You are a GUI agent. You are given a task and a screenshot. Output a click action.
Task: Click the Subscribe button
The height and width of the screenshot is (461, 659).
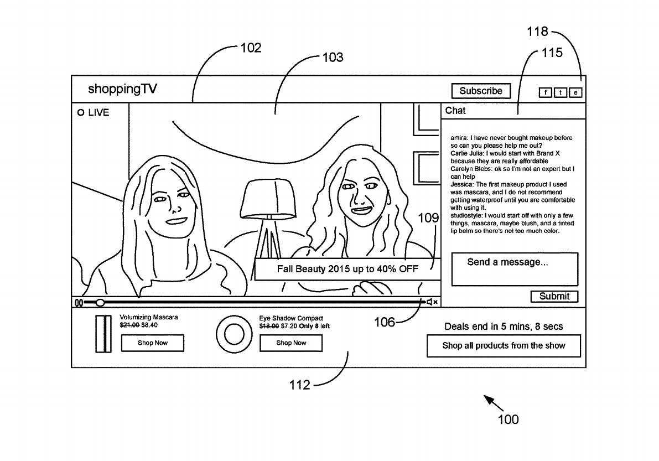point(481,91)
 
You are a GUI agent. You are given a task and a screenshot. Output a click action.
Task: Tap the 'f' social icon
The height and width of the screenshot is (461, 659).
point(545,92)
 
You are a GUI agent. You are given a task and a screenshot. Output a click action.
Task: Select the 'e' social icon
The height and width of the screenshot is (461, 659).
point(575,92)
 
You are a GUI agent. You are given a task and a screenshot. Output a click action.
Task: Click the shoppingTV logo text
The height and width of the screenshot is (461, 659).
point(122,89)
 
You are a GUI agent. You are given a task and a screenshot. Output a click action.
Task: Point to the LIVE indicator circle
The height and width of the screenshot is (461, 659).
point(81,113)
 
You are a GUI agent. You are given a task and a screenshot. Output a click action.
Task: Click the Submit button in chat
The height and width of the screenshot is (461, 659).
point(554,296)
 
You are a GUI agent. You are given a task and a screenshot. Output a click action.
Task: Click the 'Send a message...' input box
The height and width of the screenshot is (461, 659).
point(515,269)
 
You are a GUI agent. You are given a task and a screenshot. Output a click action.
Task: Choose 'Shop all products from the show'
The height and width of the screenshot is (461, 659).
point(504,346)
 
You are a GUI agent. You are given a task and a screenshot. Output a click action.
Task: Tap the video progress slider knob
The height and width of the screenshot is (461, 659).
point(100,303)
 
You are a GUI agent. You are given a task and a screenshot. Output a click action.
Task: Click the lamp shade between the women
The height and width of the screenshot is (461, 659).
point(268,198)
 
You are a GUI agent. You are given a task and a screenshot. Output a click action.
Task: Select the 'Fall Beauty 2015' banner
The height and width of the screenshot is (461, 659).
point(347,269)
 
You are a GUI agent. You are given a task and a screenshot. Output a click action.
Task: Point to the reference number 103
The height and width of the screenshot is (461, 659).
point(333,57)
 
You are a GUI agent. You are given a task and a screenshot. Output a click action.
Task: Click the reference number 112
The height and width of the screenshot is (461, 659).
point(300,385)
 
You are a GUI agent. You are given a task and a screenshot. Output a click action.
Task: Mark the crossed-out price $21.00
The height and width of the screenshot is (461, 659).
point(129,325)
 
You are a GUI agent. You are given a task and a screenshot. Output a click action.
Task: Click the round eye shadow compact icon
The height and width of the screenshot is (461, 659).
point(234,334)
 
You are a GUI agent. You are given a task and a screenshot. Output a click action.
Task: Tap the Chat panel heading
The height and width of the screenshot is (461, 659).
point(455,111)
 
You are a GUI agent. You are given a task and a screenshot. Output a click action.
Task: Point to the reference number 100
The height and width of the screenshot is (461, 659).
point(508,419)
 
